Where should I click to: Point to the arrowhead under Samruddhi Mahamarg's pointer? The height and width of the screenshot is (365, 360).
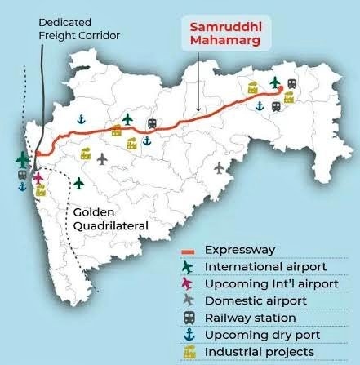tap(198, 111)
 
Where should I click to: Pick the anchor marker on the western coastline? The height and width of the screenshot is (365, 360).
tap(22, 186)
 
